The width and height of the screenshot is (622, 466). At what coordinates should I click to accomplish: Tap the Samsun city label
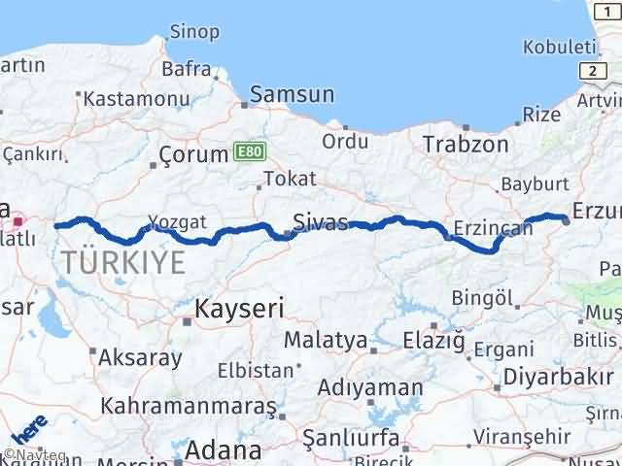(x=292, y=94)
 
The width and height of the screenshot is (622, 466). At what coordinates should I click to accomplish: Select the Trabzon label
(x=466, y=145)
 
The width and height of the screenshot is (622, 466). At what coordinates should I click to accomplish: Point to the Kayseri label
(x=238, y=309)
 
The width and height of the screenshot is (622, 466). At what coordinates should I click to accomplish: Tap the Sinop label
(x=193, y=31)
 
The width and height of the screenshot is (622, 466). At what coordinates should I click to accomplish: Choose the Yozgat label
(x=177, y=222)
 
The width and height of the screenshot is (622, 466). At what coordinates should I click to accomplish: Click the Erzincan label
(x=495, y=229)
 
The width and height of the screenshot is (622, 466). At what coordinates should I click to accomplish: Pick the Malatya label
(x=325, y=341)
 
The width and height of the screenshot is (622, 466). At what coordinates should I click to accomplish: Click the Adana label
(x=224, y=450)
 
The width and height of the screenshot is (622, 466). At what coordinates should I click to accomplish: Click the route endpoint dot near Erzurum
(x=566, y=218)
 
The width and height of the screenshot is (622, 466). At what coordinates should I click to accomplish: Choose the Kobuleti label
(x=558, y=47)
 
